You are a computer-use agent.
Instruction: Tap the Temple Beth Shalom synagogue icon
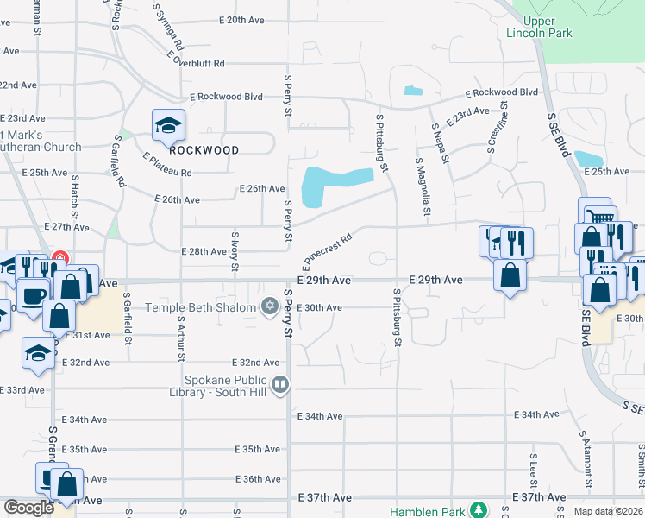click(x=269, y=306)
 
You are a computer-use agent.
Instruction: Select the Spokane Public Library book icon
click(x=279, y=384)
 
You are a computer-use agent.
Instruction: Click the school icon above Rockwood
click(x=169, y=124)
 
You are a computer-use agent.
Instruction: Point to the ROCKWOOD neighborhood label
click(x=204, y=149)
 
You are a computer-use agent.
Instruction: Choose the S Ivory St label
click(x=235, y=250)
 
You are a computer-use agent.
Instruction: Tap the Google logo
click(x=28, y=508)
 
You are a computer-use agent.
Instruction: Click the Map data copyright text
click(x=608, y=511)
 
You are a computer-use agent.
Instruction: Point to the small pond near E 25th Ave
click(x=589, y=159)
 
